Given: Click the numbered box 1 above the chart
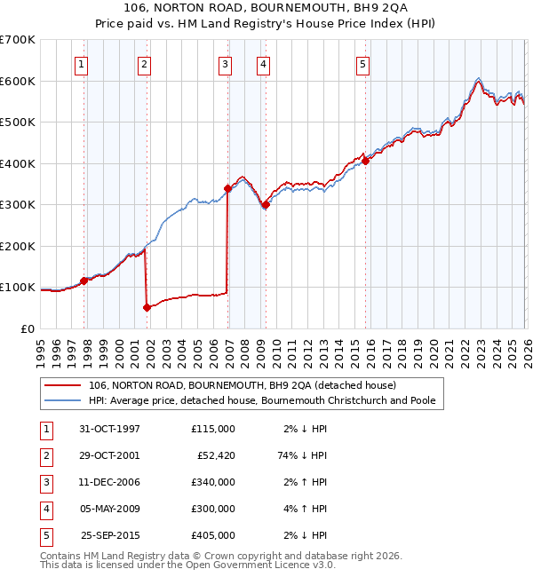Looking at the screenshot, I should pos(81,63).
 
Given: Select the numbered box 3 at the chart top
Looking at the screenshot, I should pos(226,63).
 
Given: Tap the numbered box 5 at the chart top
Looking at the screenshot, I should pos(363,63).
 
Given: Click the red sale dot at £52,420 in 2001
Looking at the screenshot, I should pos(147,307).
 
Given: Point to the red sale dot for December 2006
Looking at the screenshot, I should pos(227,188).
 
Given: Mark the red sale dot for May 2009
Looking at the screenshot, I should pos(265,205).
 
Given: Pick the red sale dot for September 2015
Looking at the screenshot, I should pos(365,162).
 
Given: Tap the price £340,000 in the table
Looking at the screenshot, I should pos(213,482).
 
